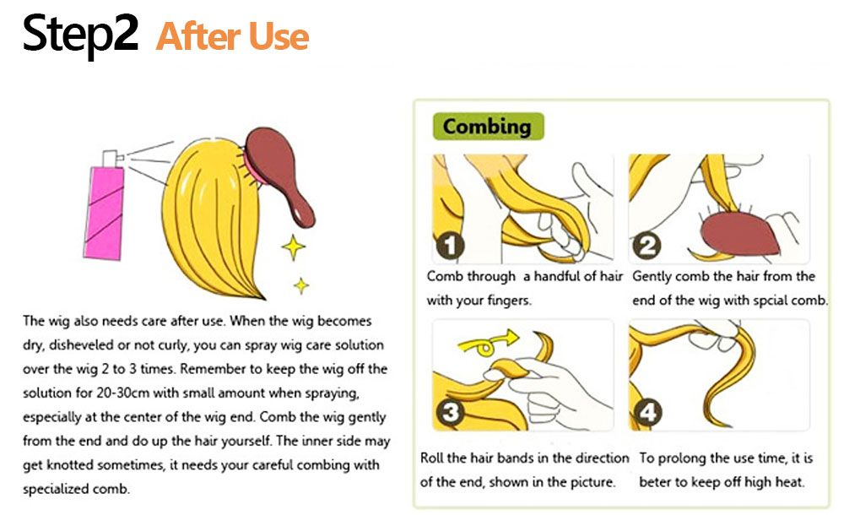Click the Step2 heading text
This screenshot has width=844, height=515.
click(80, 35)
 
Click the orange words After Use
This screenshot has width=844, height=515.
click(233, 36)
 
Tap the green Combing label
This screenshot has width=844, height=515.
click(488, 127)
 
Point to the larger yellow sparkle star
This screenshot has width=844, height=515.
click(294, 247)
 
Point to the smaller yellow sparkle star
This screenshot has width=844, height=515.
click(301, 285)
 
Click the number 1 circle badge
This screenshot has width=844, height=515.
click(451, 246)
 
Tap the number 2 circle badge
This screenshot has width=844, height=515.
click(647, 246)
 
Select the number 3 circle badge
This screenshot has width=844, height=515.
click(451, 413)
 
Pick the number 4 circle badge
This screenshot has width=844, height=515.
click(647, 413)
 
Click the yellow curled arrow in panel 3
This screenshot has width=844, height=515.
click(487, 343)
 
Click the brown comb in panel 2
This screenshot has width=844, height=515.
click(741, 233)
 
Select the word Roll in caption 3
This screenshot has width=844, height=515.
click(431, 458)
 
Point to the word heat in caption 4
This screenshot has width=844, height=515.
click(788, 482)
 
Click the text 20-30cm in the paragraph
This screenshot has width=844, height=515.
click(122, 393)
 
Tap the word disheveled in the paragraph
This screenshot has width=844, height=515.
click(81, 344)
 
